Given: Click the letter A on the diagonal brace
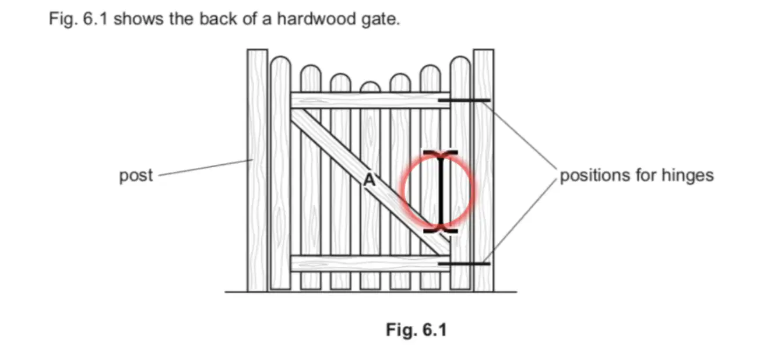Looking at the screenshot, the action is tap(369, 179).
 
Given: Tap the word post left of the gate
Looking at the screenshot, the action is tap(136, 176).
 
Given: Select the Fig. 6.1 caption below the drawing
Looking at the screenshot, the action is tap(416, 330).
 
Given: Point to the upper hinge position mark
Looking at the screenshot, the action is tap(464, 100).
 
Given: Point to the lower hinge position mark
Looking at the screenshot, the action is tap(464, 264).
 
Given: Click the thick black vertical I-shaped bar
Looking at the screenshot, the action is tap(441, 192).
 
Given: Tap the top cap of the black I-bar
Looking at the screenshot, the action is tap(441, 153).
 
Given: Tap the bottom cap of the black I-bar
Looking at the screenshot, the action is tap(441, 231).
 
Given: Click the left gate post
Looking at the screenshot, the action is tap(258, 171).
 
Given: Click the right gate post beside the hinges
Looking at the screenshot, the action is tap(484, 171).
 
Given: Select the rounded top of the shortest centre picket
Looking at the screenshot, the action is tap(370, 87).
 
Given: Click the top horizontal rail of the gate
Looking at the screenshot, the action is tap(370, 100).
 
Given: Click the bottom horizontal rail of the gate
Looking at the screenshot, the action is tap(370, 264).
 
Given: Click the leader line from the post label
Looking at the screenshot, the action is tap(205, 168).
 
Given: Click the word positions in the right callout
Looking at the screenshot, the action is tap(595, 175).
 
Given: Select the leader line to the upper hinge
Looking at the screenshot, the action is tap(519, 135).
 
